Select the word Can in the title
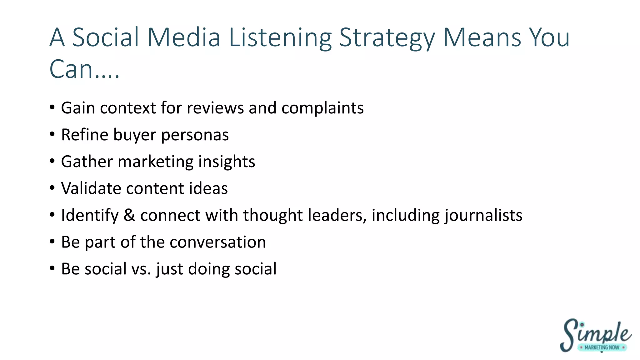(x=71, y=69)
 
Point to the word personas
(x=195, y=135)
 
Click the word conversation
(x=218, y=242)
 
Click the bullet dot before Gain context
(x=52, y=107)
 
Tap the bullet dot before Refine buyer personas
(x=52, y=134)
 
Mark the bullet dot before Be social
(x=52, y=268)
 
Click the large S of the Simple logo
(x=569, y=335)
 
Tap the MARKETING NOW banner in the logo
(x=602, y=347)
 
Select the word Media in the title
(x=184, y=37)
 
